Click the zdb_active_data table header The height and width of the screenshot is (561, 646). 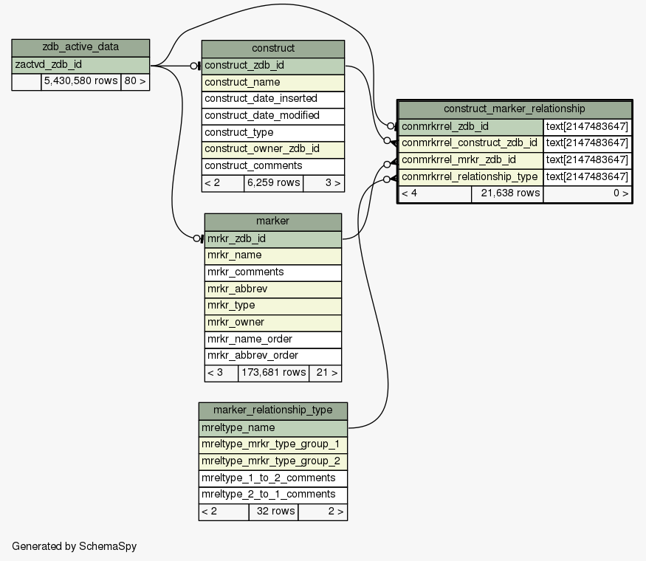click(x=80, y=48)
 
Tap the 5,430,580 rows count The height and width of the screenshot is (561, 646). click(x=80, y=81)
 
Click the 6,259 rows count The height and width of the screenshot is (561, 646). click(x=273, y=183)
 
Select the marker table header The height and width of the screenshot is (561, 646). click(x=272, y=221)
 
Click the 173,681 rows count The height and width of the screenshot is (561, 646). click(x=273, y=373)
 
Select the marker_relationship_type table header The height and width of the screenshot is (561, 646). click(x=272, y=410)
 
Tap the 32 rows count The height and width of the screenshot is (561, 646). click(x=273, y=512)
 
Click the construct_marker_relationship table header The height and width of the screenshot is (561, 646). click(x=514, y=109)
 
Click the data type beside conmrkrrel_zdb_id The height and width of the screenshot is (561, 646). click(x=587, y=126)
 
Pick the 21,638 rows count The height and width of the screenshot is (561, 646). click(x=506, y=193)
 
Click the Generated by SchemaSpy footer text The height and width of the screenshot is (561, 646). click(x=75, y=546)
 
